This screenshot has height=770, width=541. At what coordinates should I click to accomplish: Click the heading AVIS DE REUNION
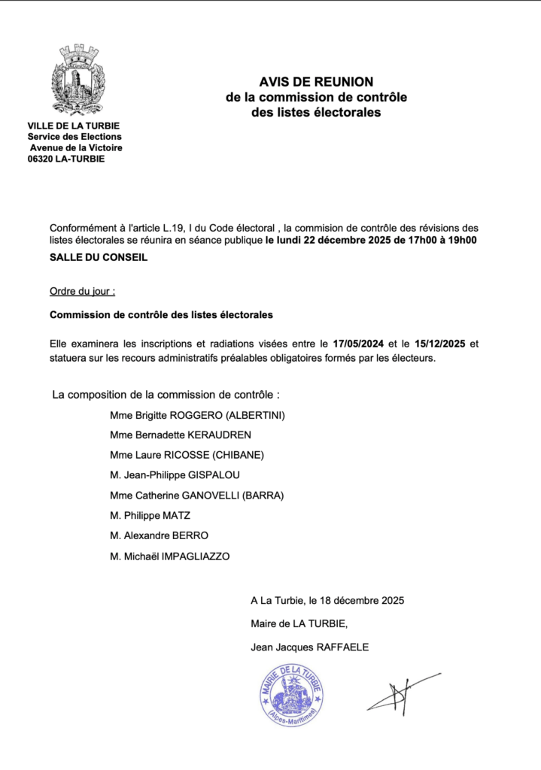tap(316, 81)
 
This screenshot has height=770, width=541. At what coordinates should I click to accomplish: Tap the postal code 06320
tap(40, 159)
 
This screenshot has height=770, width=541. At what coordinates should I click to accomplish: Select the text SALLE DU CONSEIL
tap(99, 258)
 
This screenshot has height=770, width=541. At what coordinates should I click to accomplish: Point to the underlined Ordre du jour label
tap(82, 291)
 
